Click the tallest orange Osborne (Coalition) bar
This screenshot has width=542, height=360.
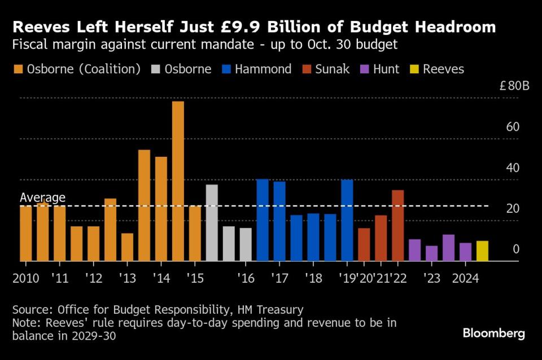click(x=178, y=181)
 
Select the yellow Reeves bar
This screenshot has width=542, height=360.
click(x=482, y=251)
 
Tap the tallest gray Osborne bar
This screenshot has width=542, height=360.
click(x=212, y=222)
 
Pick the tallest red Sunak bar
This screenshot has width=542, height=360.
click(x=397, y=225)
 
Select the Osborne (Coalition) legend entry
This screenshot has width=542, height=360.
click(x=77, y=69)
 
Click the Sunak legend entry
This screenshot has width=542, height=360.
click(x=326, y=69)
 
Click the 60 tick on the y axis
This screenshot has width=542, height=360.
click(x=512, y=127)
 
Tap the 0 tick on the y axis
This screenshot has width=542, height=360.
click(x=515, y=249)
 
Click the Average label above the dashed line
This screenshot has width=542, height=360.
click(x=42, y=197)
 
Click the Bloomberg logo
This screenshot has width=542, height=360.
click(x=493, y=333)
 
